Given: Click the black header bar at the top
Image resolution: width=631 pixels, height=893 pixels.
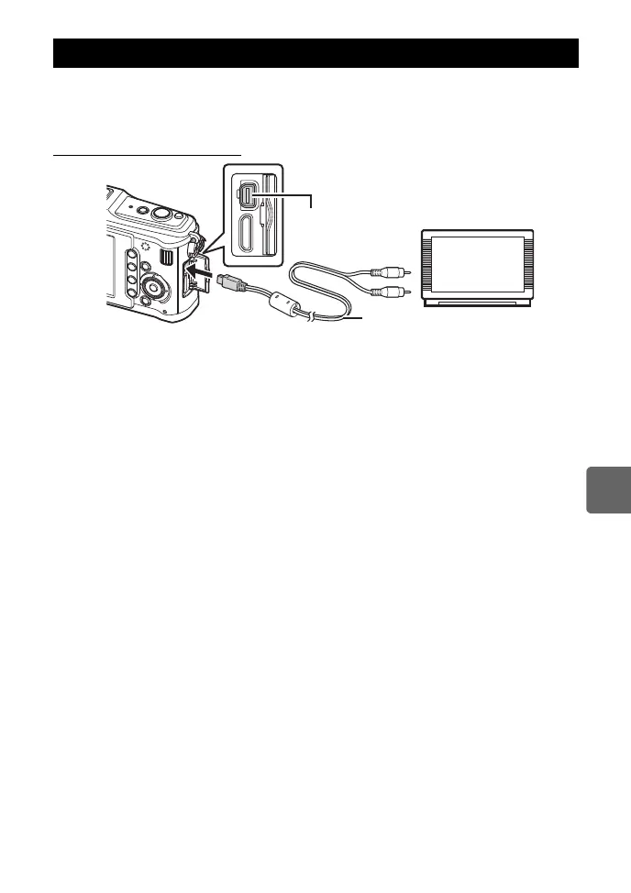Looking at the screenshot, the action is click(315, 53).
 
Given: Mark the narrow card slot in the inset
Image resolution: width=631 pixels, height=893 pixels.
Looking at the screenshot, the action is click(267, 220).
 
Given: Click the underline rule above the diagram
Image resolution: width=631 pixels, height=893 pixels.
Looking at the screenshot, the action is click(147, 155).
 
